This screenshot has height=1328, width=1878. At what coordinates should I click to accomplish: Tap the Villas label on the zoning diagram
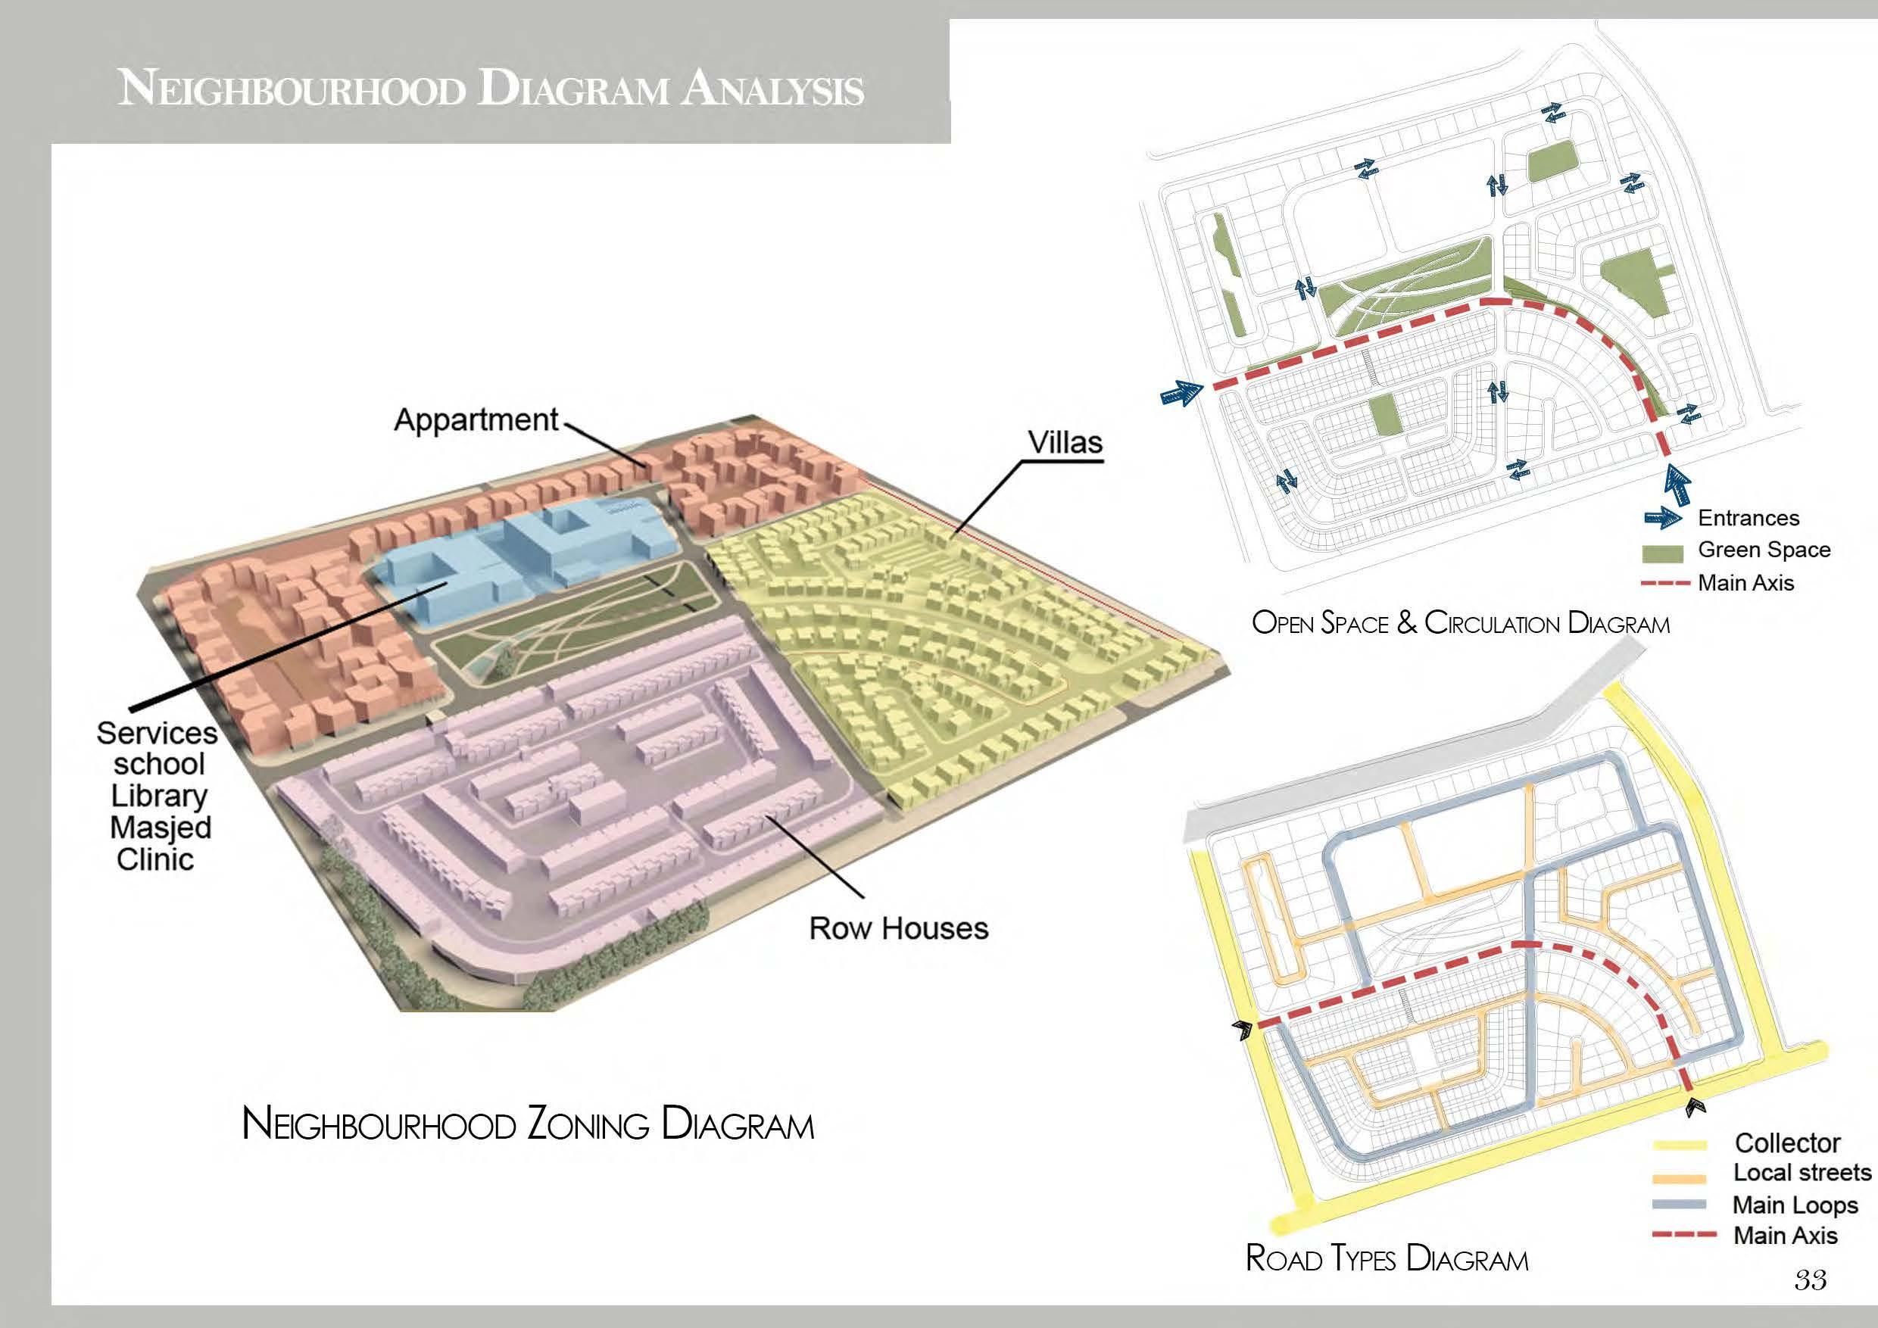[1065, 442]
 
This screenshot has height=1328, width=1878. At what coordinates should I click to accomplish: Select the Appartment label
[476, 419]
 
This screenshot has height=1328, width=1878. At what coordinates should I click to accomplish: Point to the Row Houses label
[898, 928]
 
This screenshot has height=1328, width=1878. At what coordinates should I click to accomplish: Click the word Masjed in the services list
[161, 828]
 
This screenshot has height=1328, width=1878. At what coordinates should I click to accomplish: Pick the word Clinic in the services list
[155, 859]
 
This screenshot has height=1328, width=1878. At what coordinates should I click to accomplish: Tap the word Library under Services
[159, 796]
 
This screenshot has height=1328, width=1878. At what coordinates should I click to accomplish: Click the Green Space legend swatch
[1663, 553]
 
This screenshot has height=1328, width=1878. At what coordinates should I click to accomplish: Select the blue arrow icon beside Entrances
[1663, 519]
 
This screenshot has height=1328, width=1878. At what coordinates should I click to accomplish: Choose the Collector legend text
[1787, 1143]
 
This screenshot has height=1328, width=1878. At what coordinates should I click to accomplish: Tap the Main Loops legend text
[1795, 1205]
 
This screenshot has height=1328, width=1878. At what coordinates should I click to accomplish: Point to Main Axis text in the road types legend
[1785, 1235]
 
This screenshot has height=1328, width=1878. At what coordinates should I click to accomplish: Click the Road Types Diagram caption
[1387, 1258]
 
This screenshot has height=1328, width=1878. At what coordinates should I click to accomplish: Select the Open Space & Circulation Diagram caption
[1460, 623]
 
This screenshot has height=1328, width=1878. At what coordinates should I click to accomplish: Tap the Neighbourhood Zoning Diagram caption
[528, 1124]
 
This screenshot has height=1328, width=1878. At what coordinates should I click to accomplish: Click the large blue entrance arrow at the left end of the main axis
[1181, 396]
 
